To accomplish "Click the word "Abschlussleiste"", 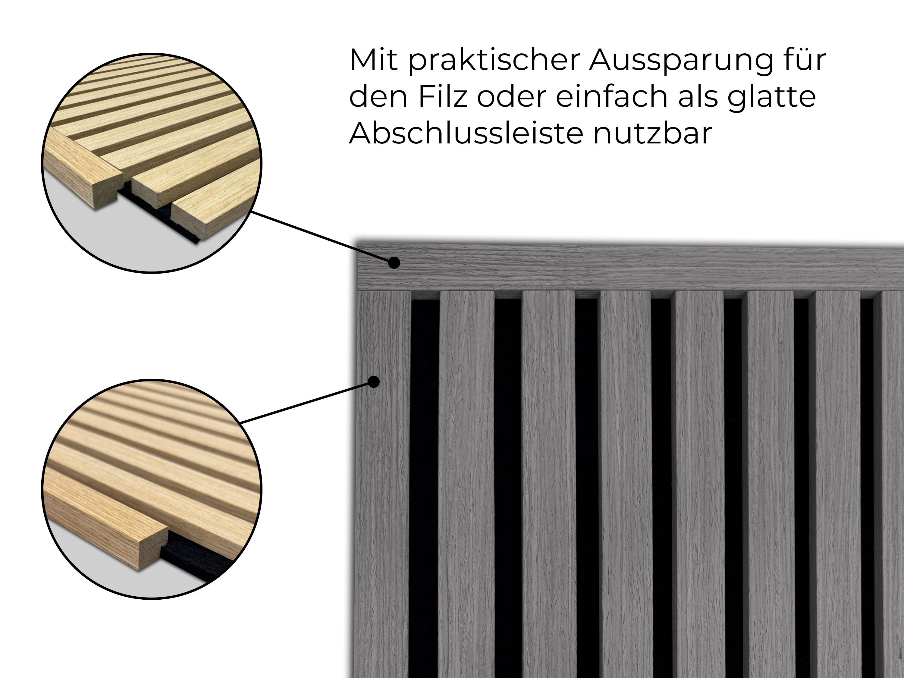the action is click(x=466, y=133).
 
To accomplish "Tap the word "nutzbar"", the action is click(x=653, y=133).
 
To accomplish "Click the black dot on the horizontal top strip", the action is click(x=394, y=263).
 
